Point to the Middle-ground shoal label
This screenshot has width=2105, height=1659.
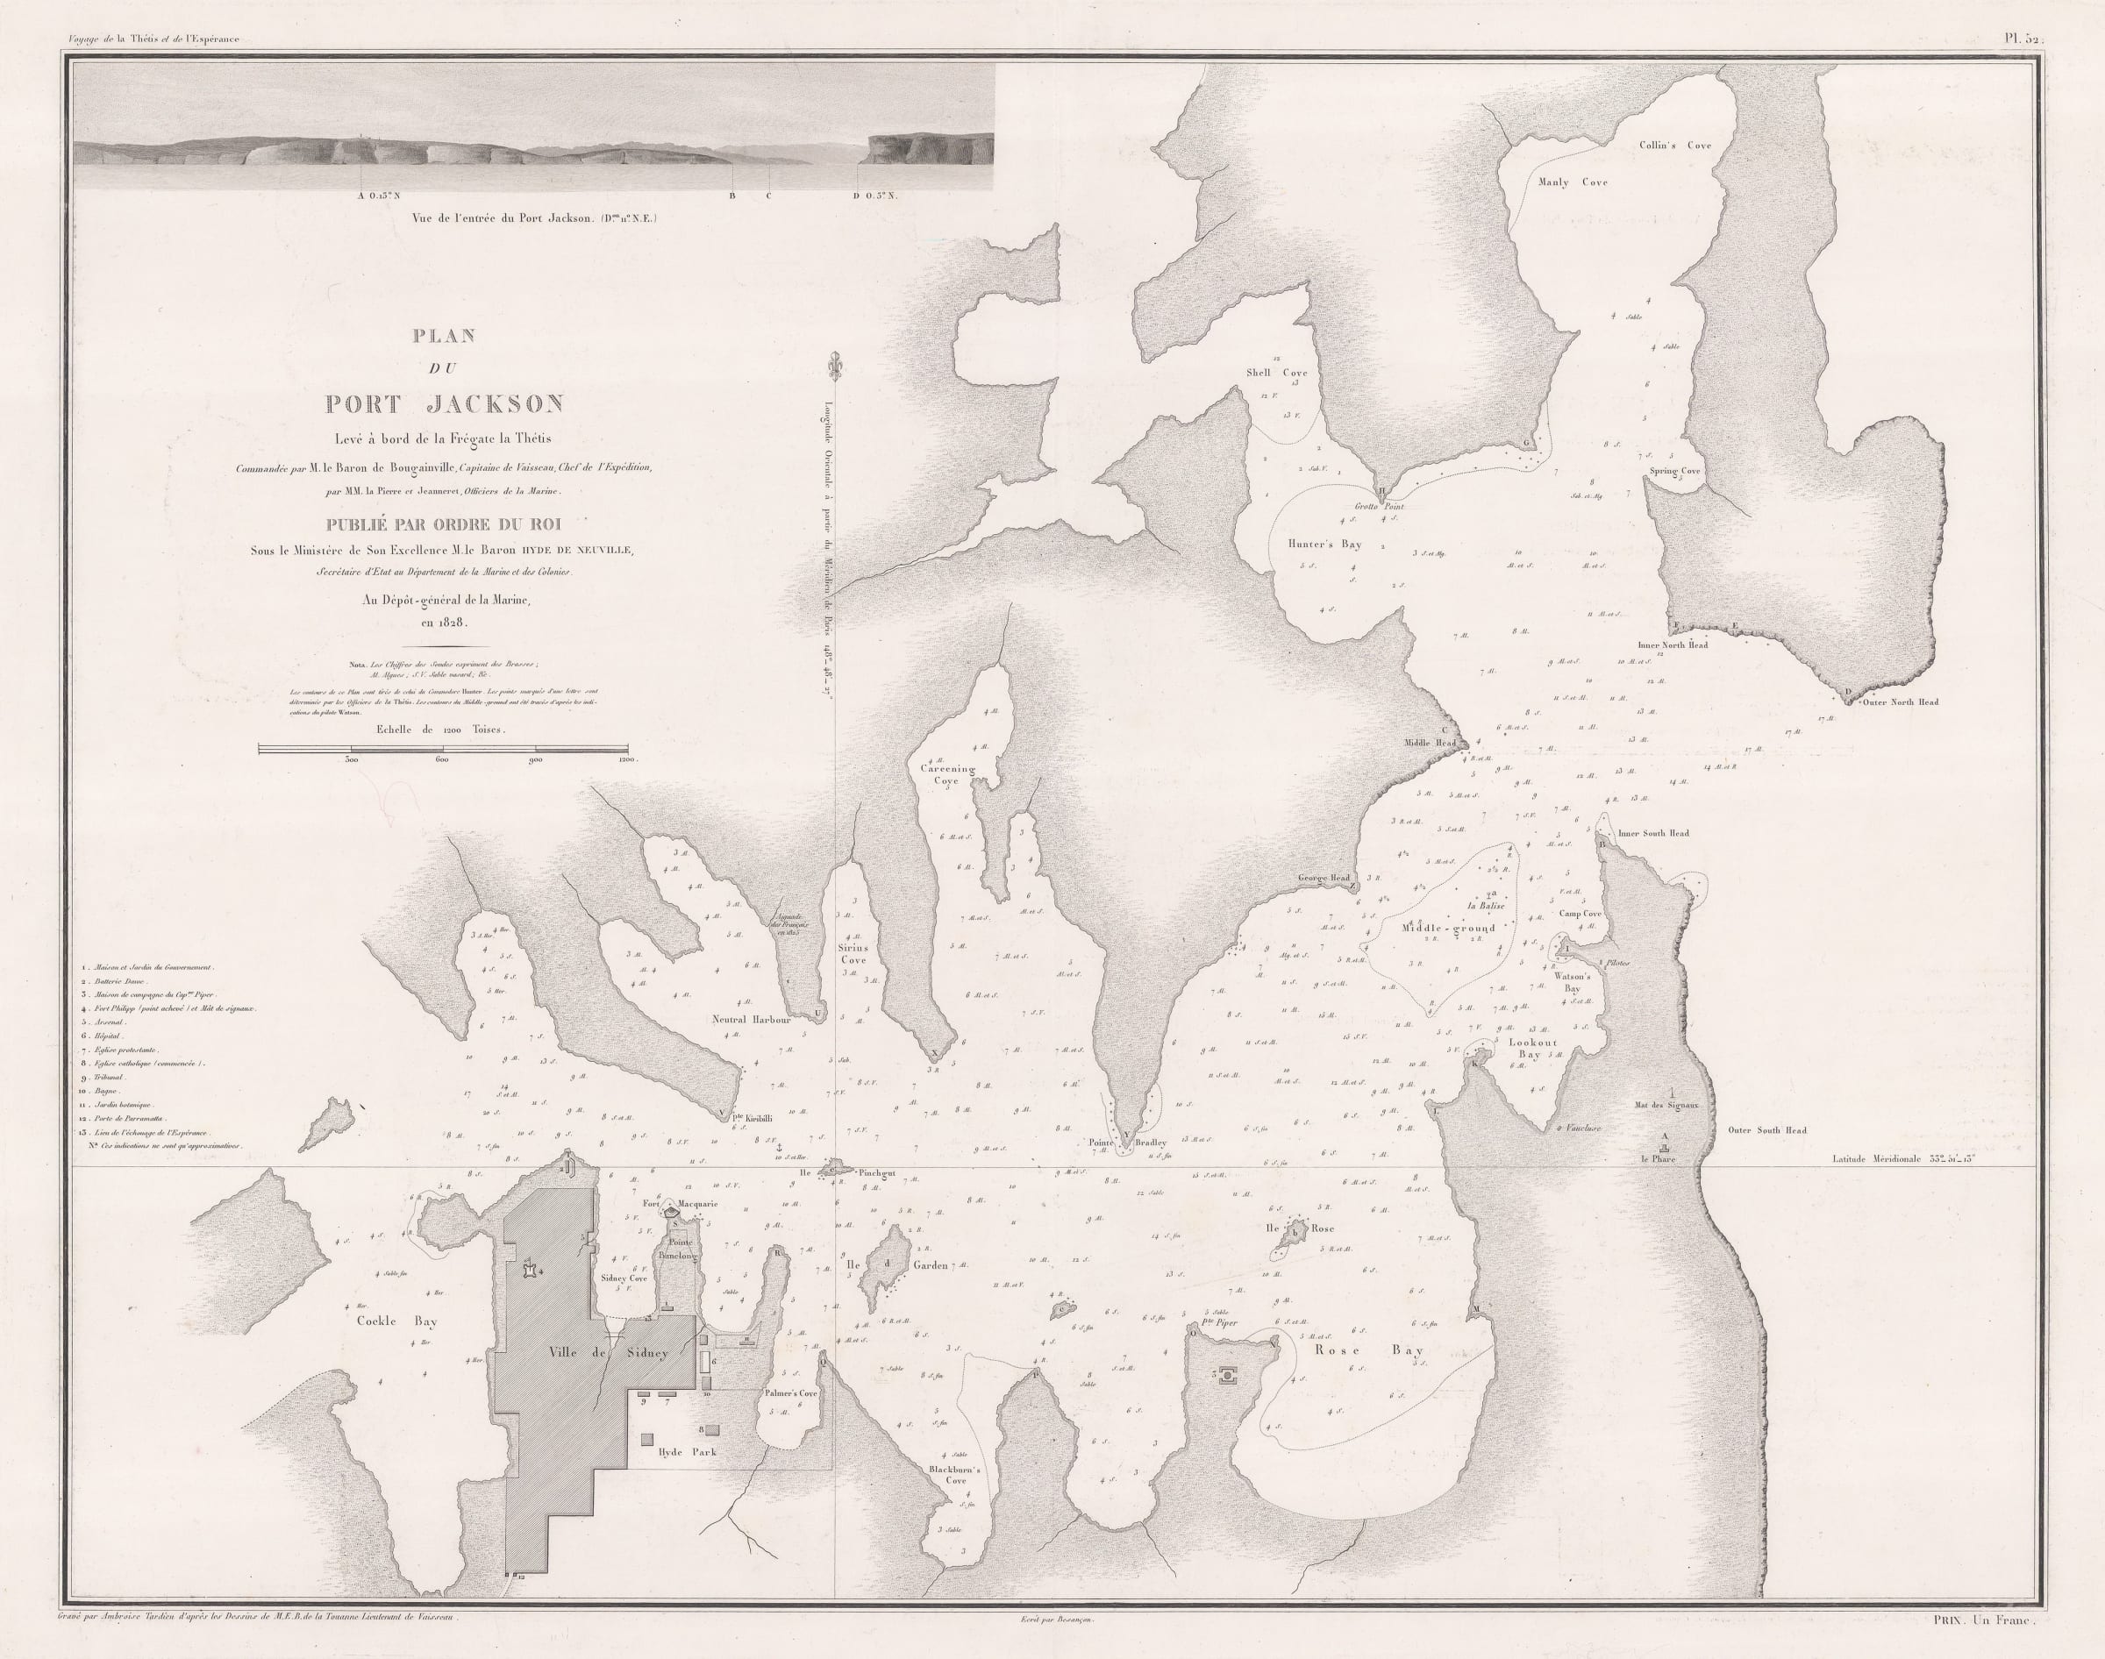point(1448,928)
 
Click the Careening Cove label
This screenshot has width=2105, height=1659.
point(947,773)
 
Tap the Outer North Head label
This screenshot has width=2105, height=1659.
point(1899,701)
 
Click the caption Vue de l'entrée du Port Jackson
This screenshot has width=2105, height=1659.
point(534,218)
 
